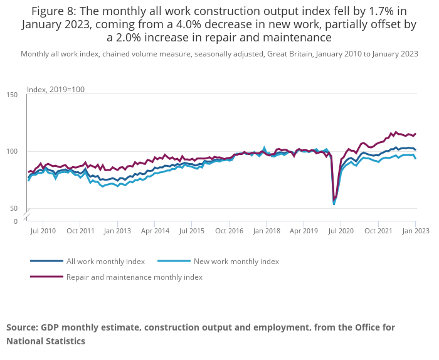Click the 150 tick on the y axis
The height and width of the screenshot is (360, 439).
coord(13,95)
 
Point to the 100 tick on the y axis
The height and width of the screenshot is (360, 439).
coord(13,152)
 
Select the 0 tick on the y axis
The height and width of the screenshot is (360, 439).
coord(15,221)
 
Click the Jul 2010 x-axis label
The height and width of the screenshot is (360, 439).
coord(43,231)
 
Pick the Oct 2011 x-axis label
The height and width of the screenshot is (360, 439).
coord(80,231)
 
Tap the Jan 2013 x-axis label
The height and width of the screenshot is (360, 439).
coord(117,231)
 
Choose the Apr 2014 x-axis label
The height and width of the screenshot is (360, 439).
coord(155,231)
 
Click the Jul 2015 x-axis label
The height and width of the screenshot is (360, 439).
coord(192,231)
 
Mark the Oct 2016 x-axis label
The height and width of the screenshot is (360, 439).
coord(230,231)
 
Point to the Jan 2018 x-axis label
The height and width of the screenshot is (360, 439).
coord(267,231)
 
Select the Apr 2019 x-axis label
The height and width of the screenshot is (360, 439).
coord(304,231)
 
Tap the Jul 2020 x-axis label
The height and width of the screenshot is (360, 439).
coord(341,231)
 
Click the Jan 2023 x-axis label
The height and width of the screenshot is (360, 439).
coord(415,231)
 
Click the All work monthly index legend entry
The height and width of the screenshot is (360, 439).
coord(105,262)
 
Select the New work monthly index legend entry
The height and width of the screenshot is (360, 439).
coord(236,262)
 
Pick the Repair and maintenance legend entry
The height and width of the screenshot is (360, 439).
coord(134,277)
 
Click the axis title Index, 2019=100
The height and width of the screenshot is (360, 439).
coord(56,90)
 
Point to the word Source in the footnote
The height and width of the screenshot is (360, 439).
coord(22,327)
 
